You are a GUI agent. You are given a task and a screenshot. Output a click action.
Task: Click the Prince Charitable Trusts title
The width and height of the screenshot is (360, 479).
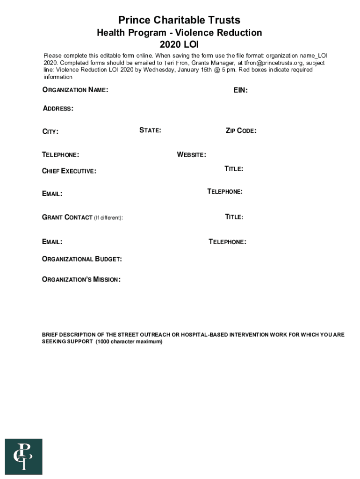[x=179, y=20]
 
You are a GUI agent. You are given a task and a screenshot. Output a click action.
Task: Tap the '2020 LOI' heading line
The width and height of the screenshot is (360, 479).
[x=179, y=45]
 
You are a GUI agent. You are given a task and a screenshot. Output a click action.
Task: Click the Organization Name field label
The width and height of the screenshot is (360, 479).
[x=75, y=90]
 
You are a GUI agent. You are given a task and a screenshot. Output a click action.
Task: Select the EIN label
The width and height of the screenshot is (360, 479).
[x=240, y=90]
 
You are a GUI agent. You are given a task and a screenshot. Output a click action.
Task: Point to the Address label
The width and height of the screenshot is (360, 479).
[x=58, y=109]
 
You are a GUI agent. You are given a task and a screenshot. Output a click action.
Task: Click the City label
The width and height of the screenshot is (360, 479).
[x=50, y=132]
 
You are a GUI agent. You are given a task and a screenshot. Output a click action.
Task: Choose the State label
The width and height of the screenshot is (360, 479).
[x=150, y=131]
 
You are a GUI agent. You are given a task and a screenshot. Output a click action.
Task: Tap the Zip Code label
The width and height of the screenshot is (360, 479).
[x=241, y=131]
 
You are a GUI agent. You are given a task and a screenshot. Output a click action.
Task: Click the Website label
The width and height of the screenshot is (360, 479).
[x=191, y=155]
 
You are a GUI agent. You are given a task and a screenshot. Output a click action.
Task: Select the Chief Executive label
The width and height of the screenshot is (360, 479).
[x=69, y=171]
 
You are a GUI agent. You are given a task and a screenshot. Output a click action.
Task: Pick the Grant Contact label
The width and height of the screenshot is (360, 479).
[x=67, y=218]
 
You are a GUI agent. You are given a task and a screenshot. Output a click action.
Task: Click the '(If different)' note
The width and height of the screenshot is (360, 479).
[x=108, y=218]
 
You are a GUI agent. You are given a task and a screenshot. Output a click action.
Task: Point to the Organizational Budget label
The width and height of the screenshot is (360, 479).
[x=82, y=259]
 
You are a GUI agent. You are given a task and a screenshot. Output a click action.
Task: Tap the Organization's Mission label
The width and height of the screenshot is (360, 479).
[x=81, y=280]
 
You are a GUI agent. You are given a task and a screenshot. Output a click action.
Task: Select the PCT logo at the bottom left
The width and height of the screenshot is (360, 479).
[x=23, y=457]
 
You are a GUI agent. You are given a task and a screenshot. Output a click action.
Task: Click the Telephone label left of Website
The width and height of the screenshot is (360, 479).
[x=61, y=155]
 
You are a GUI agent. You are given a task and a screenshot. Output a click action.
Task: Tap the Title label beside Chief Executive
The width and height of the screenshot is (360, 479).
[x=233, y=169]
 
